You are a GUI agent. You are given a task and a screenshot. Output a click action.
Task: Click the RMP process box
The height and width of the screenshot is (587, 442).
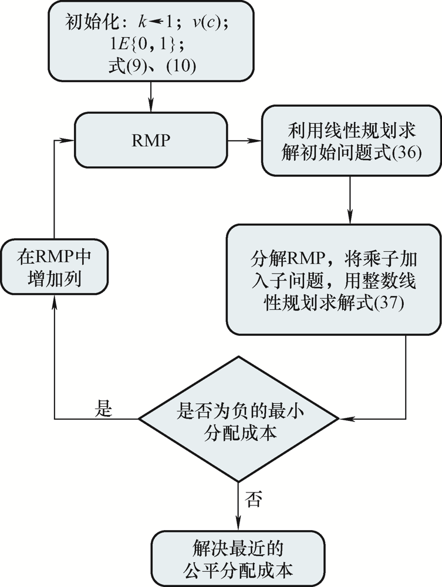point(151,141)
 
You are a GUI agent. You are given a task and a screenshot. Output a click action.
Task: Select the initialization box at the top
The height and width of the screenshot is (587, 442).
point(152,41)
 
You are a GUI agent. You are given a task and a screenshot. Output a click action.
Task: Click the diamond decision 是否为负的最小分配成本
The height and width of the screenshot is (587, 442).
point(238,419)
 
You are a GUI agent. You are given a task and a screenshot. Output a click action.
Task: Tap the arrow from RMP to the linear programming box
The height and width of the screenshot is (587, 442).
point(245,141)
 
